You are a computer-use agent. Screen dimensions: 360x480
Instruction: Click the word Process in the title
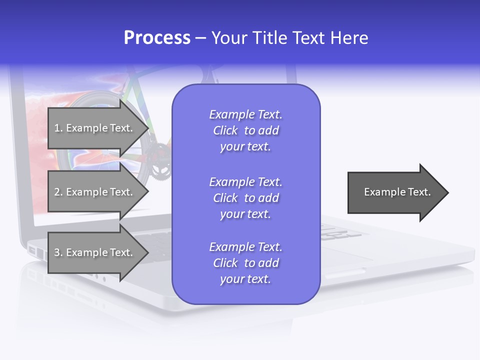coord(157,38)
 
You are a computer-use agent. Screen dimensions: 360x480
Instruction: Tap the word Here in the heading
coord(348,38)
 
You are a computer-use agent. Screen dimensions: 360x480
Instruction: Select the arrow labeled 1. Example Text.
coord(95,128)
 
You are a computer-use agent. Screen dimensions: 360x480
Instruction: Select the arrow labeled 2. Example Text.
coord(95,192)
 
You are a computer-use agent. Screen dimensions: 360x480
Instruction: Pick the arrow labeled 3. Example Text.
coord(95,252)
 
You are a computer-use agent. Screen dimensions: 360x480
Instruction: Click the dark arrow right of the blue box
coord(395,192)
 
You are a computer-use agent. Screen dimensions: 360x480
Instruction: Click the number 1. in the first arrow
coord(58,128)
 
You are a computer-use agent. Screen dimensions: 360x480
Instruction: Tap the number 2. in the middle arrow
coord(58,192)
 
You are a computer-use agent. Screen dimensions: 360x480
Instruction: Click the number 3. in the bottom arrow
coord(58,252)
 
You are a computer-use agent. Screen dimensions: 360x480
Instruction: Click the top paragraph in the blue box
coord(245,130)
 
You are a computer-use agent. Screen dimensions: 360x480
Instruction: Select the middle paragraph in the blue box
coord(245,198)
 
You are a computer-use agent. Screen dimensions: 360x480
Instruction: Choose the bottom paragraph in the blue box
coord(245,263)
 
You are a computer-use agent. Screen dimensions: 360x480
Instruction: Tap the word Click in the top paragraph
coord(225,130)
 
